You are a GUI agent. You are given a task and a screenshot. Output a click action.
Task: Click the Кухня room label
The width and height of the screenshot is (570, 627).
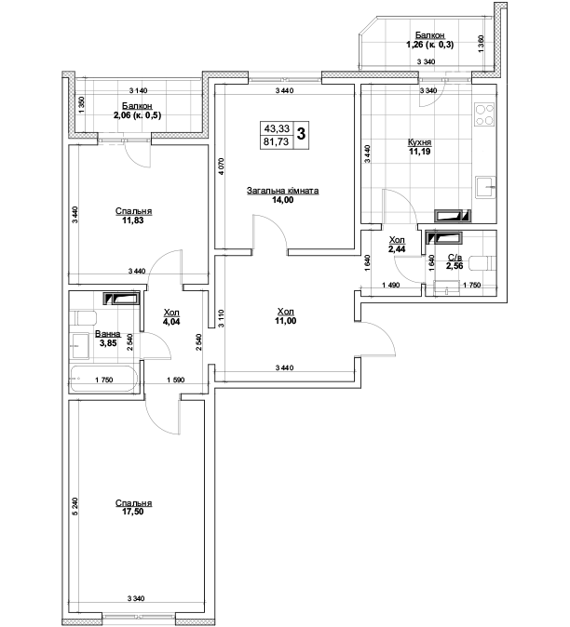click(x=419, y=142)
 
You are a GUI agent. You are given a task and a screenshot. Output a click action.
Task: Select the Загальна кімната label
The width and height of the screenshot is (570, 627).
click(x=282, y=191)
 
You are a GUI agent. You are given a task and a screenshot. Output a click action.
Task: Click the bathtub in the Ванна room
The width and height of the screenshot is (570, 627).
click(x=104, y=379)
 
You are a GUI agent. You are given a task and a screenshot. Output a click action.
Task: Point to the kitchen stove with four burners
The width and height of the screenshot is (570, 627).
click(x=484, y=115)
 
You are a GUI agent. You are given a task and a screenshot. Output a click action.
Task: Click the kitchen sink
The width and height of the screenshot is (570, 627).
click(x=485, y=187)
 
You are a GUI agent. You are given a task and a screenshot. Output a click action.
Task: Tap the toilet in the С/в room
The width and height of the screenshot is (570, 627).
click(x=482, y=263)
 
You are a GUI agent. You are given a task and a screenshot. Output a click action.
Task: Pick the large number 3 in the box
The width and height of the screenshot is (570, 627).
click(x=301, y=134)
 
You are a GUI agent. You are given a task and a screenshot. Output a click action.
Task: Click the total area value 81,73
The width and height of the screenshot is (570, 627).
click(x=276, y=141)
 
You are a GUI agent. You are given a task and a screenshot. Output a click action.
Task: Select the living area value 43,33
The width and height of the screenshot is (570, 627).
click(x=276, y=128)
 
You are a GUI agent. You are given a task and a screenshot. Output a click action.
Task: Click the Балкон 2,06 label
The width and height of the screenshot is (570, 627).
click(x=137, y=111)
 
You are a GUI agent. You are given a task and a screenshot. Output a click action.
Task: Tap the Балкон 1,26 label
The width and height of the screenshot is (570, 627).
click(x=430, y=40)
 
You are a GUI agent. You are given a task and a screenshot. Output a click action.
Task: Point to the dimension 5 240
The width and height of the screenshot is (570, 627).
click(x=75, y=507)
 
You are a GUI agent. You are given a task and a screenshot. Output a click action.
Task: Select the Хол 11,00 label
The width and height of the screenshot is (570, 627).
click(x=286, y=316)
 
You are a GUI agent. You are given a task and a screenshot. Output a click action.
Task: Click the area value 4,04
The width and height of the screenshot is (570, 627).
click(x=171, y=321)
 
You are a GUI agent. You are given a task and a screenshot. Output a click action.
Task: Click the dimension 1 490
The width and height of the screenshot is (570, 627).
click(x=390, y=285)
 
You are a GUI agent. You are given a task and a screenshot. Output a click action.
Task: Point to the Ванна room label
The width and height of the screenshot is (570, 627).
click(x=108, y=334)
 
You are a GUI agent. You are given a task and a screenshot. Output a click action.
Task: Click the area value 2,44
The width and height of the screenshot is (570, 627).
click(x=397, y=249)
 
